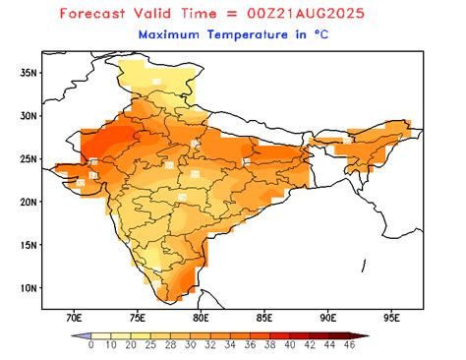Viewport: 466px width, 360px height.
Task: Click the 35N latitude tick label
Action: coord(29,72)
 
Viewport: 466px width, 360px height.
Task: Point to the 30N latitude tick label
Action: coord(29,115)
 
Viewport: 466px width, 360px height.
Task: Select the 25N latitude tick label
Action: coord(29,158)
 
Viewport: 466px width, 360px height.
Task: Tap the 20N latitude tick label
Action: coord(29,202)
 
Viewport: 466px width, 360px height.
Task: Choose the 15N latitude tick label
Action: coord(29,245)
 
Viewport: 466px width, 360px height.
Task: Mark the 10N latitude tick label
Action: coord(29,287)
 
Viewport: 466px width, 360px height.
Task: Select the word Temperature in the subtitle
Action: coord(247,34)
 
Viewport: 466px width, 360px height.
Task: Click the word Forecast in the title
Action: coord(97,14)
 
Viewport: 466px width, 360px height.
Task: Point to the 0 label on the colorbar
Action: coord(90,345)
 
